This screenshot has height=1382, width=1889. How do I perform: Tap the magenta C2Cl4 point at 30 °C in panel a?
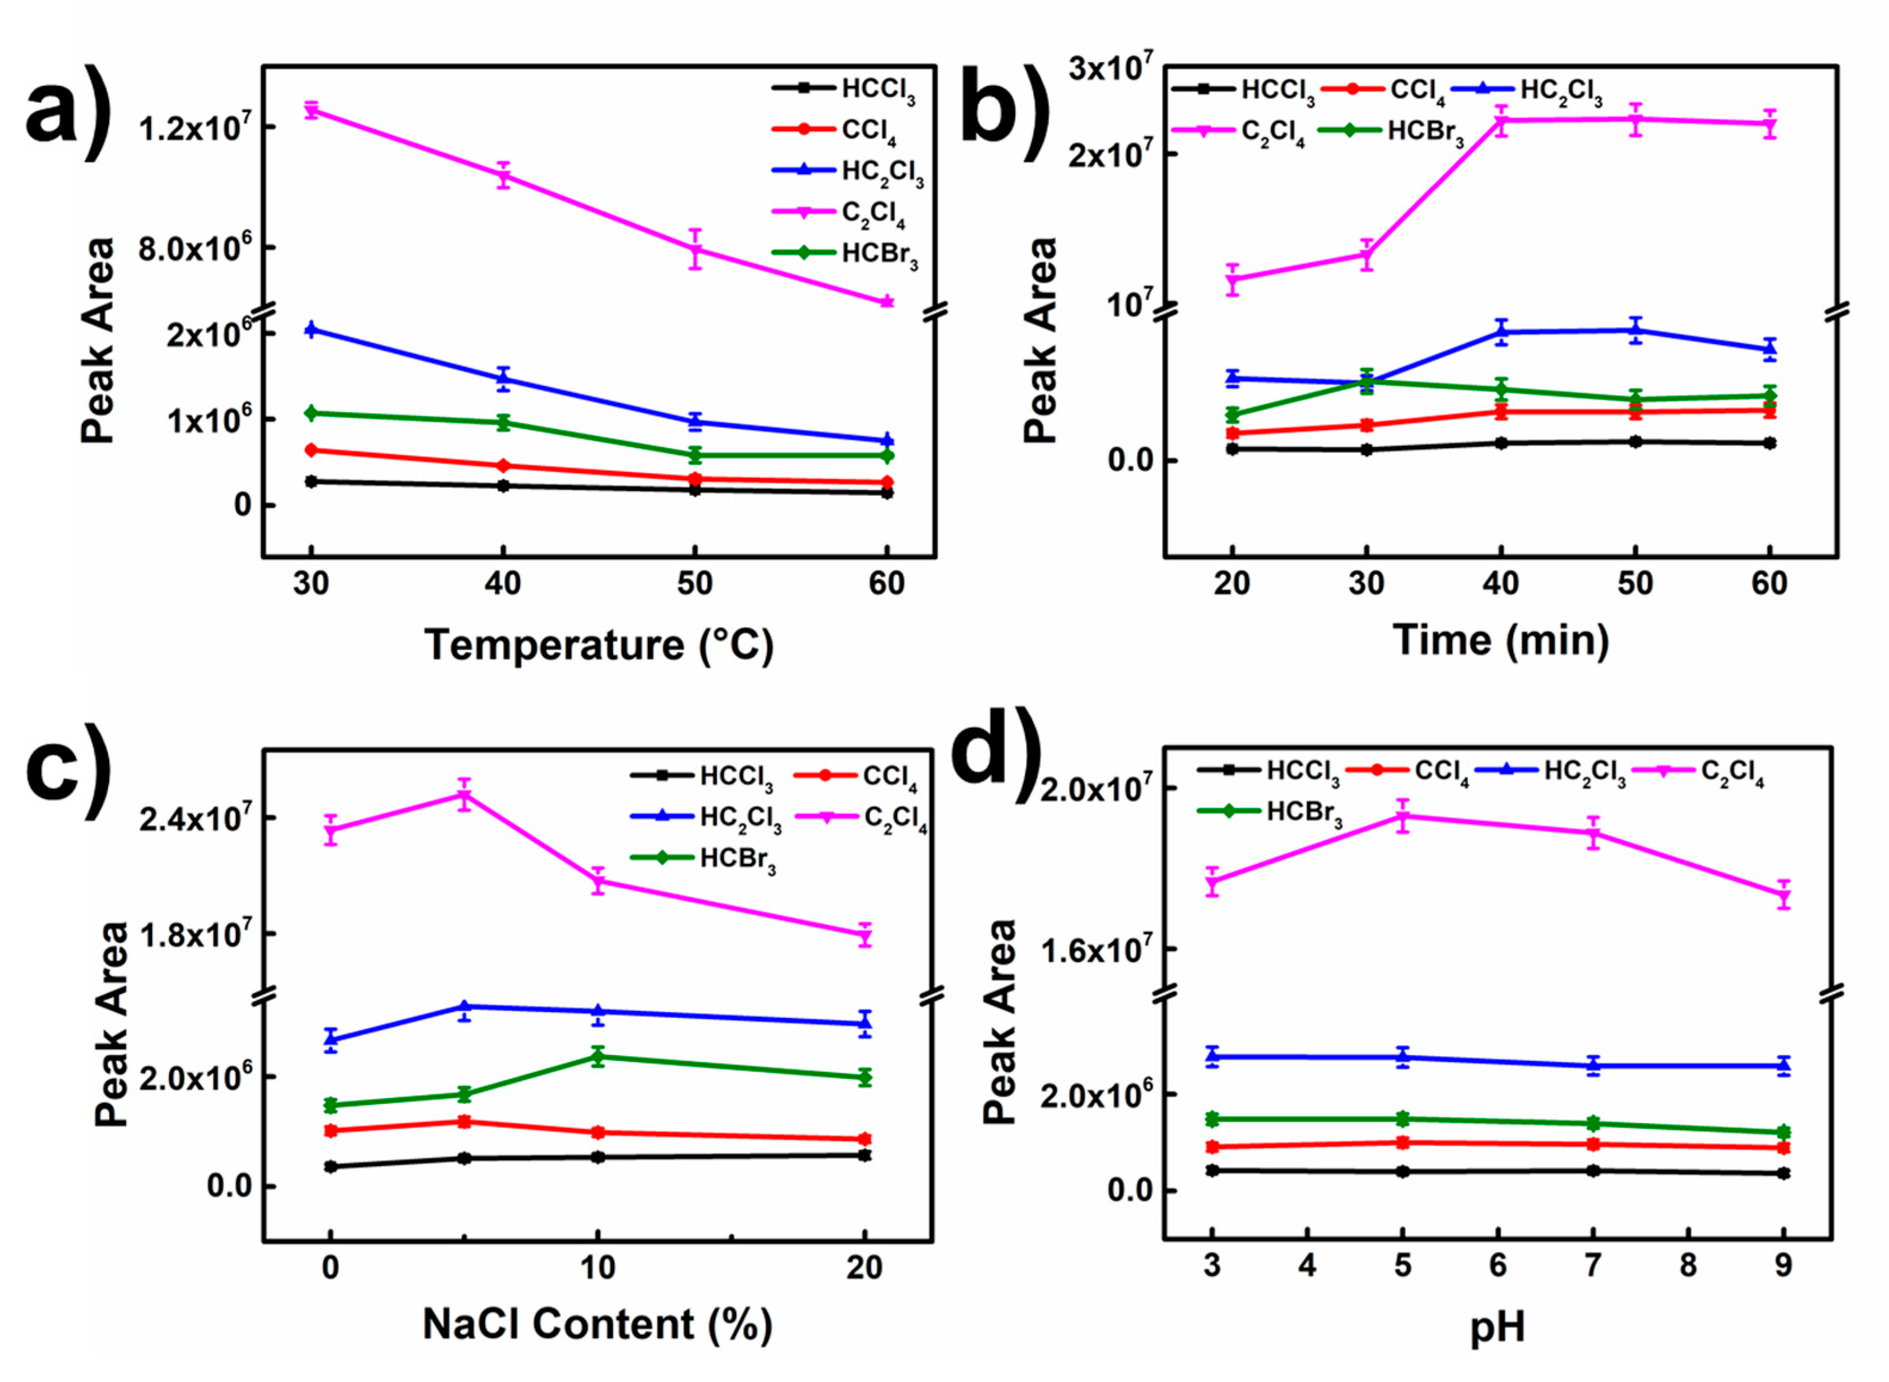(311, 110)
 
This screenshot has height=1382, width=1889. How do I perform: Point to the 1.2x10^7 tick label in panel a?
(194, 129)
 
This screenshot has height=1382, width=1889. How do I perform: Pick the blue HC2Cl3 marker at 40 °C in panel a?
(503, 379)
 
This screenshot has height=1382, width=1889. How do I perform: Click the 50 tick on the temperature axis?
(694, 583)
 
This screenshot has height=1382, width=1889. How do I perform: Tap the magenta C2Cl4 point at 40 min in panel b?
(1501, 121)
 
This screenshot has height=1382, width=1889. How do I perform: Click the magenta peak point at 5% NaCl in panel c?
(464, 795)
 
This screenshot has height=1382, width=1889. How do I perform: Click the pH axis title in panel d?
(1497, 1328)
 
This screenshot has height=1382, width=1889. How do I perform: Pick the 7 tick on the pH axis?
(1593, 1265)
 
